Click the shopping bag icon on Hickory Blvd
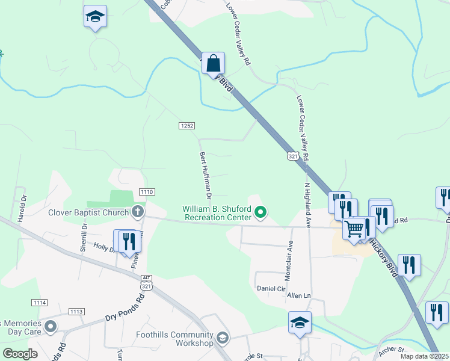[x=213, y=63]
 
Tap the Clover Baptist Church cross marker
[x=138, y=212]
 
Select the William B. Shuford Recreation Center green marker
[x=260, y=212]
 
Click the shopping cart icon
[x=354, y=229]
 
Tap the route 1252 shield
[x=186, y=125]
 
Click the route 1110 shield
[x=147, y=191]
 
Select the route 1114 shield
[x=40, y=301]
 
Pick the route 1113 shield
[x=76, y=311]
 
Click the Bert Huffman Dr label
[x=206, y=175]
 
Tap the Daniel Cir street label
[x=271, y=288]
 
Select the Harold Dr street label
[x=23, y=208]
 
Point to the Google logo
[x=20, y=354]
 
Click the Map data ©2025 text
[x=424, y=356]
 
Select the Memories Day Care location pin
[x=51, y=327]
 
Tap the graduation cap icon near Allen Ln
[x=300, y=322]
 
